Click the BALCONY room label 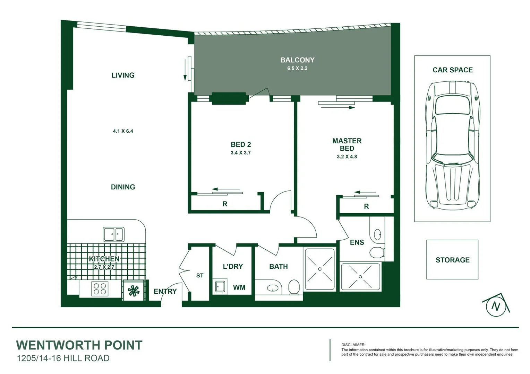tap(297, 60)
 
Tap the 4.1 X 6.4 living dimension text tap(123, 131)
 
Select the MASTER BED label tap(347, 144)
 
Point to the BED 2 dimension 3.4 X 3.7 tap(240, 153)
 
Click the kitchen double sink tap(113, 234)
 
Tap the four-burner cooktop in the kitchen tap(100, 289)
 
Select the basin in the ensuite tap(377, 234)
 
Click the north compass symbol tap(496, 306)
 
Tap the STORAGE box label tap(452, 260)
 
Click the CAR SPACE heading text tap(452, 70)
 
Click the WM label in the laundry tap(239, 287)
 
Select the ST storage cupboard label tap(200, 276)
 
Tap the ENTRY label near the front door tap(165, 291)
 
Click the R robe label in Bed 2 tap(225, 204)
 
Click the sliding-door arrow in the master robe tap(365, 192)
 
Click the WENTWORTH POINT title tap(79, 345)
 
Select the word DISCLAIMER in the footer tap(353, 345)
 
